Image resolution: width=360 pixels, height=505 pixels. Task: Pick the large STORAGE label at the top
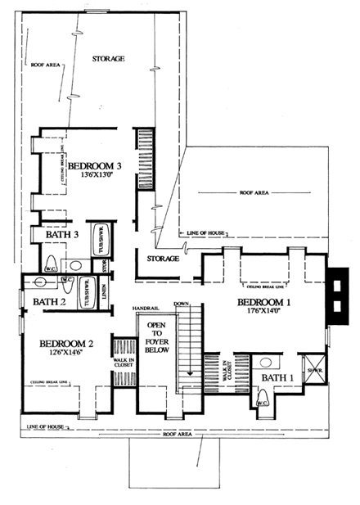[107, 59]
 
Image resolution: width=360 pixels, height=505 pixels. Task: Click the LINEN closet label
[104, 292]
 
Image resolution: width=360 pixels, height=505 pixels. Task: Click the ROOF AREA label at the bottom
[178, 433]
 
